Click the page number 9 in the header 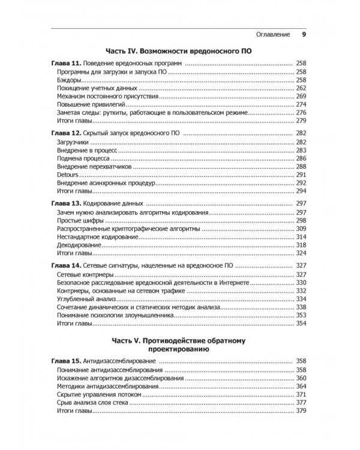(x=304, y=34)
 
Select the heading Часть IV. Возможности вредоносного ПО (x=178, y=52)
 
